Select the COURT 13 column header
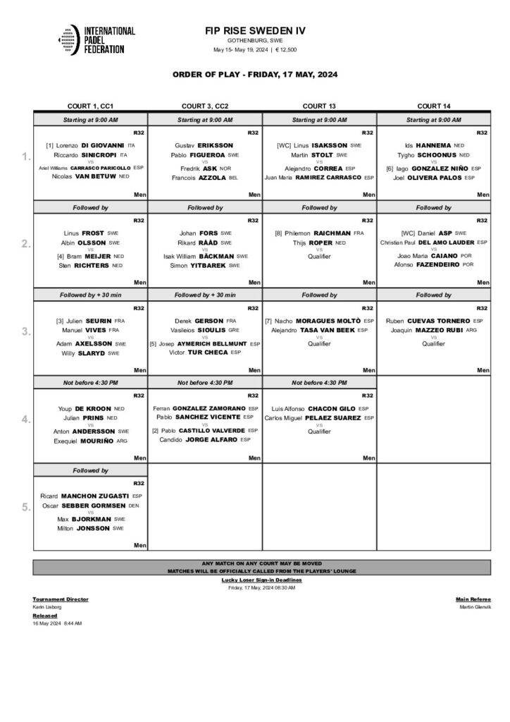[319, 105]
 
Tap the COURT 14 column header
[433, 105]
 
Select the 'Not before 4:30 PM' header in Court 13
[319, 383]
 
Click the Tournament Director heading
[59, 598]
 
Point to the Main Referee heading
[473, 598]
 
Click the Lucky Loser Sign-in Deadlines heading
[261, 580]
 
